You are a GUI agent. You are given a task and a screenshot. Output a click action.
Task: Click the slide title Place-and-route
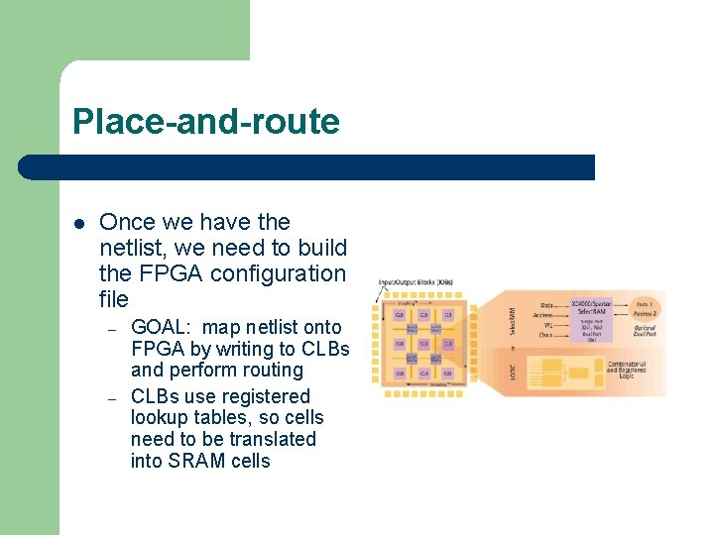coord(205,122)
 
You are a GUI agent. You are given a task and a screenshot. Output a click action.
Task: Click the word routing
coord(272,371)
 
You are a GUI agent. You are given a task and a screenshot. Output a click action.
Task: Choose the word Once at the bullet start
coord(127,223)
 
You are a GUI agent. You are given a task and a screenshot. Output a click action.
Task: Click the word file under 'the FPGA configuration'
coord(114,299)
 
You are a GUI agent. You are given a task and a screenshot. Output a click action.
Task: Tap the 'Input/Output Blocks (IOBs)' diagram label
coord(416,282)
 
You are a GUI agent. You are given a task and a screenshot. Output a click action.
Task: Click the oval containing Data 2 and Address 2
coord(651,307)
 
